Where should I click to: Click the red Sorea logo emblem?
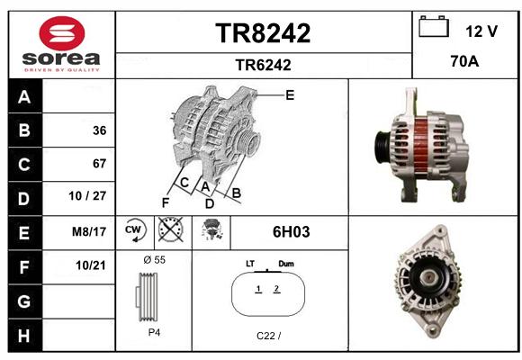click(62, 33)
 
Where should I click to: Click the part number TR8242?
click(263, 33)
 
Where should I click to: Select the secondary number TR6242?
click(263, 65)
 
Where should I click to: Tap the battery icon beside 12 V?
click(434, 26)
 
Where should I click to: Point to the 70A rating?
click(464, 61)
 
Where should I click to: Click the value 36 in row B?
click(100, 130)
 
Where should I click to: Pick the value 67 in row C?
click(100, 164)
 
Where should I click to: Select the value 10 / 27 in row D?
click(87, 196)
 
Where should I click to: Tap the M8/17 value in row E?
click(89, 231)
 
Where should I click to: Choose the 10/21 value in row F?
click(91, 265)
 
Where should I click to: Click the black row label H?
click(25, 335)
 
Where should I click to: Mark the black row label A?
click(25, 96)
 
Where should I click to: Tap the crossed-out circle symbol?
click(170, 229)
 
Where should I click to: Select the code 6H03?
click(291, 232)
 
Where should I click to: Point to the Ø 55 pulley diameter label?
click(154, 260)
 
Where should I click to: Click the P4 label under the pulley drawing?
click(154, 332)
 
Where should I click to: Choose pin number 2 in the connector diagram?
click(276, 288)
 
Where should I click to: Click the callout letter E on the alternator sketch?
click(290, 95)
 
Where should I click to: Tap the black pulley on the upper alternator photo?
click(382, 148)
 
